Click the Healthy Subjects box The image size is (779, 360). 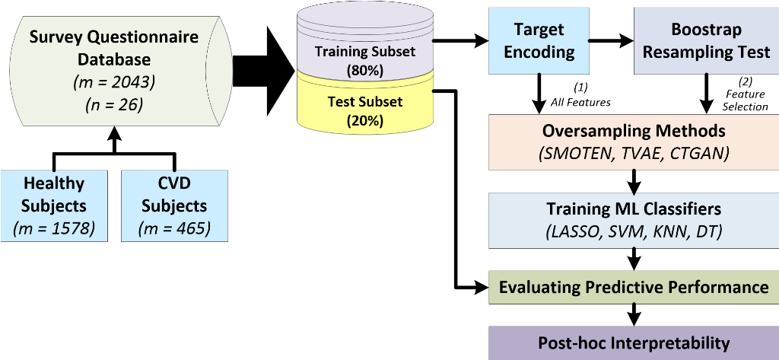(54, 205)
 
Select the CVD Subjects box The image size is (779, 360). (174, 205)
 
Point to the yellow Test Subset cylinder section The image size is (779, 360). (366, 110)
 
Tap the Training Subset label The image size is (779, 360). (366, 53)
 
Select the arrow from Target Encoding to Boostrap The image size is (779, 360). (609, 40)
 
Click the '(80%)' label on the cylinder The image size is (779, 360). (366, 71)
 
